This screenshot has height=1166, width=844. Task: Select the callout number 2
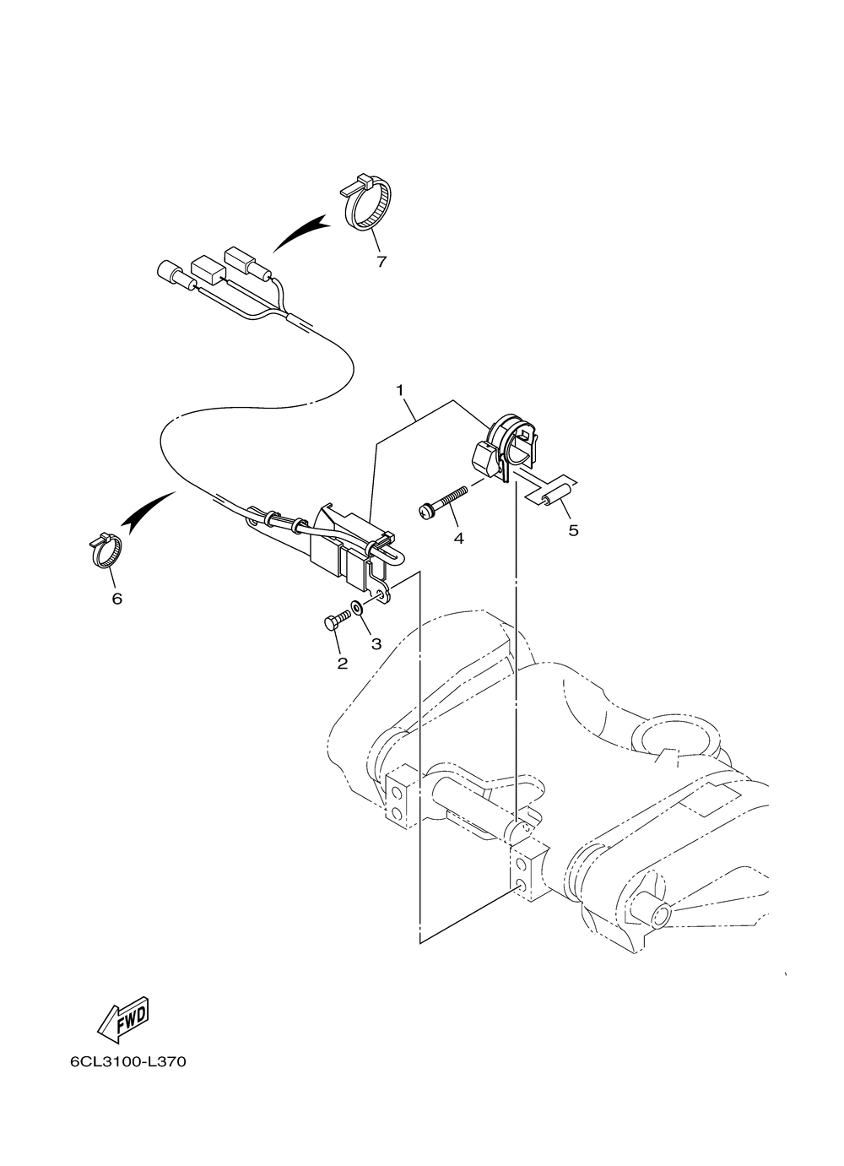[342, 664]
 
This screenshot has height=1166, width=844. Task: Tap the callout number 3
[376, 643]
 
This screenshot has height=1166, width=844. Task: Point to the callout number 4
[459, 538]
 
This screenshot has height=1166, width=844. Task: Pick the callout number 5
[573, 531]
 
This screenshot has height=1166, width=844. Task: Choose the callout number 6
[116, 599]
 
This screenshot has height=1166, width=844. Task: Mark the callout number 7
[381, 262]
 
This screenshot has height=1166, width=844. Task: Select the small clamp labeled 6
[105, 550]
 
